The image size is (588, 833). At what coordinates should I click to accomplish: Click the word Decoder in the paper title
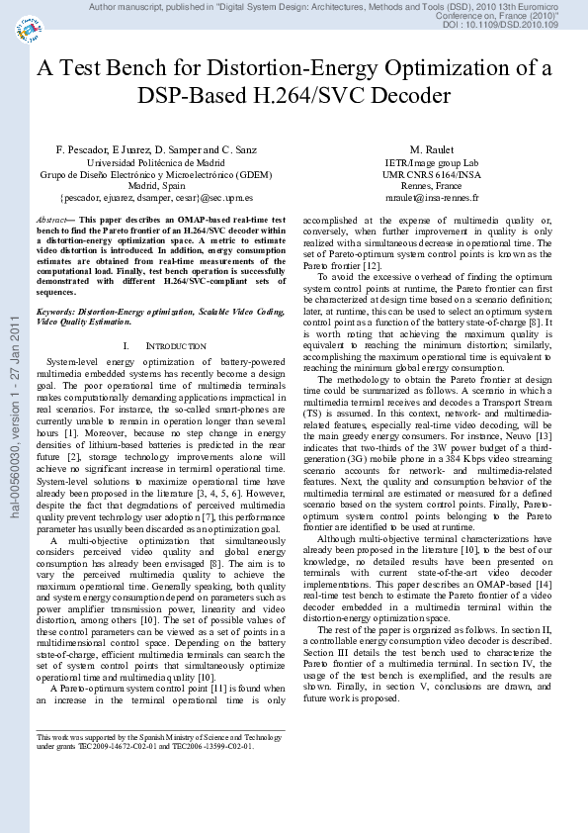coord(404,96)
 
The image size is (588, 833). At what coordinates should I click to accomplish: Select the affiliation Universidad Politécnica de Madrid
coord(155,162)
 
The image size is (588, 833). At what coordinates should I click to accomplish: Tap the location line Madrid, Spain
coord(155,185)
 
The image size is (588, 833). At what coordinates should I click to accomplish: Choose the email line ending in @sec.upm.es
coord(155,197)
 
